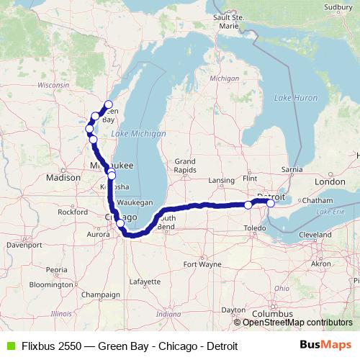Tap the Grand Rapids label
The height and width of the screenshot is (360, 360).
pos(184,165)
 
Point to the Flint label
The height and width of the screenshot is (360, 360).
pos(251,177)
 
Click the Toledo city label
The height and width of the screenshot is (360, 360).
pos(254,228)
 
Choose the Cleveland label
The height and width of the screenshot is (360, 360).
pos(315,235)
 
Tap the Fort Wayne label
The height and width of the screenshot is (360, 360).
pos(202,264)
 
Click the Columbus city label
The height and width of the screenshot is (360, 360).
pos(273,314)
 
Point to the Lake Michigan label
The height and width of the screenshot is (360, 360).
pos(138,134)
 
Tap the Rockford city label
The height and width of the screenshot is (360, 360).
pos(73,212)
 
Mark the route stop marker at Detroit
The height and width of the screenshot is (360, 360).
pos(271,203)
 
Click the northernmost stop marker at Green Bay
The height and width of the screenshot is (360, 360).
pos(109,104)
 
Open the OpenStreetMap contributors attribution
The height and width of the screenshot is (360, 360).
pos(297,323)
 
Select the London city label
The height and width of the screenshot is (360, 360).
pos(330,182)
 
